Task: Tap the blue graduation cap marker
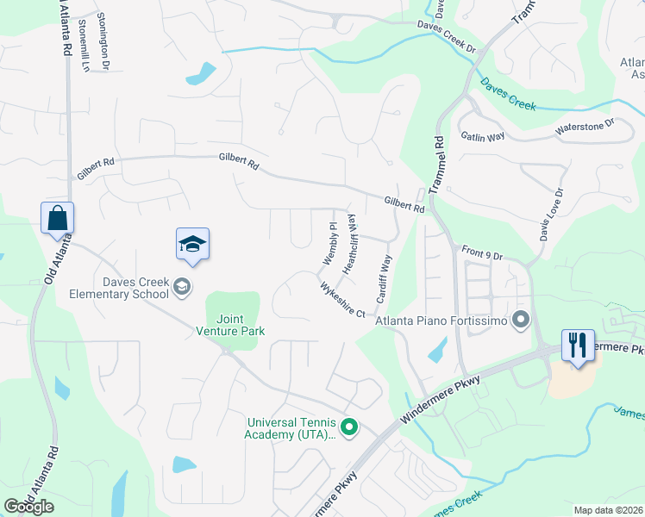193,244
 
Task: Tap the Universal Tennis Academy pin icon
349,427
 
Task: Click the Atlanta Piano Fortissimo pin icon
520,321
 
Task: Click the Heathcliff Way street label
349,245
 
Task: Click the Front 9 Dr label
481,252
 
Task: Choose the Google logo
29,507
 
